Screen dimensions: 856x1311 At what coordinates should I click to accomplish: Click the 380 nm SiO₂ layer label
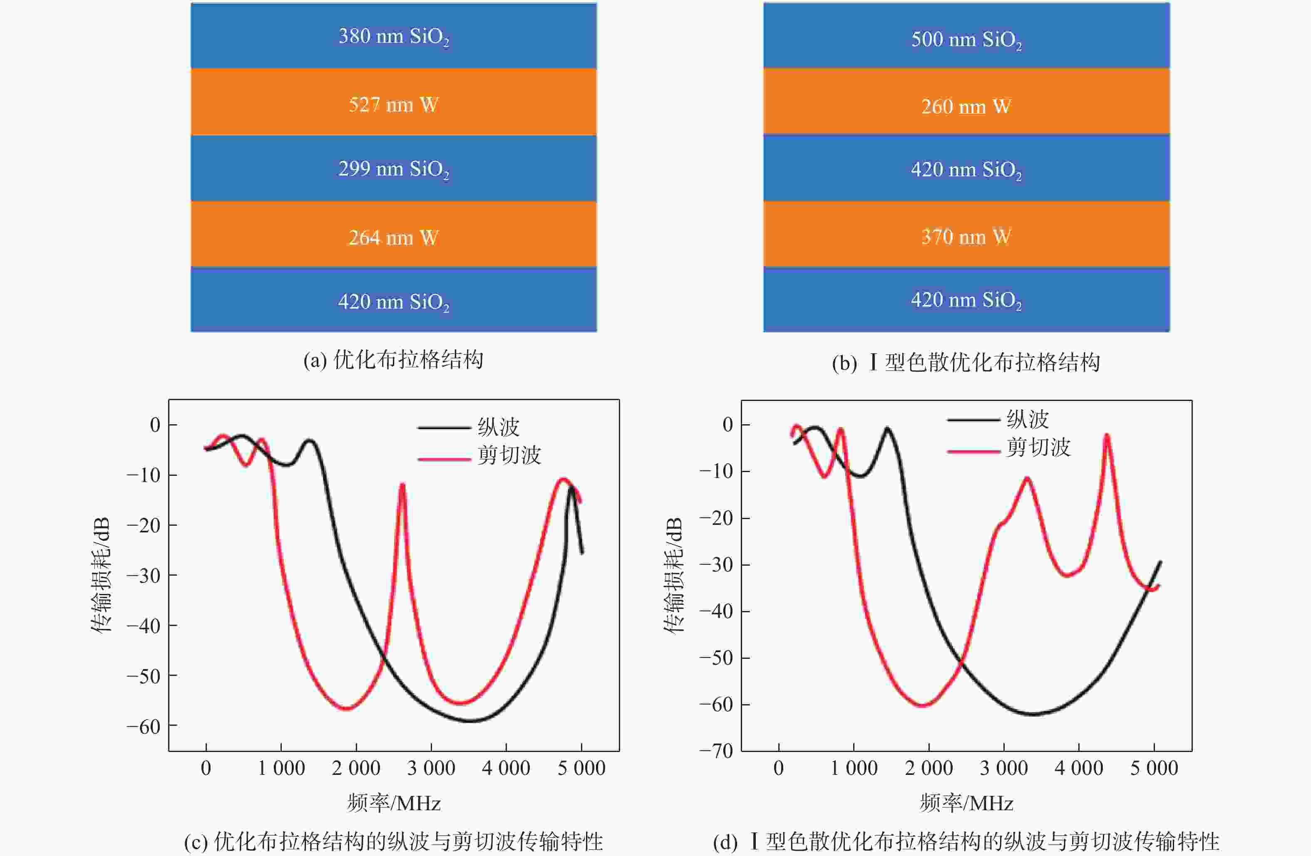(x=393, y=36)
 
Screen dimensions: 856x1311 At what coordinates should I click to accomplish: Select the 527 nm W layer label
(x=393, y=104)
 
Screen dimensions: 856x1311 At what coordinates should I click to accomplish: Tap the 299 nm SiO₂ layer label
(x=393, y=169)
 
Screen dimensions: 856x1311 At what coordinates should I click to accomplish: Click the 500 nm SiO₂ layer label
(x=966, y=40)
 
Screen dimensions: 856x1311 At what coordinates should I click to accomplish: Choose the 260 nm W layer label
(x=966, y=106)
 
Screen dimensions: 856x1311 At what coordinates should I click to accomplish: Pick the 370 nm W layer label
(x=966, y=237)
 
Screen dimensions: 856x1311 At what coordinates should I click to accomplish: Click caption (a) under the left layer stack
(x=393, y=360)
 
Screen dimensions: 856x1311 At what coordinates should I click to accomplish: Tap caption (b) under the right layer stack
(x=966, y=362)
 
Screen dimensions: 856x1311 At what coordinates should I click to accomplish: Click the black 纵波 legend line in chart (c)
(x=444, y=427)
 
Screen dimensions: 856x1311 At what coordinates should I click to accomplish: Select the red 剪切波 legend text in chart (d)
(x=1038, y=447)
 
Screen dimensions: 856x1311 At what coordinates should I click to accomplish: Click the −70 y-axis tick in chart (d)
(x=717, y=750)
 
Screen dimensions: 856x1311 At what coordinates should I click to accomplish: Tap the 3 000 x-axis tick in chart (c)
(x=431, y=768)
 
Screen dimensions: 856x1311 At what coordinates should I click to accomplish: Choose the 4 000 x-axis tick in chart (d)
(x=1078, y=768)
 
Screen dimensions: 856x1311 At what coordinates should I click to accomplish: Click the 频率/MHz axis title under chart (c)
(x=393, y=803)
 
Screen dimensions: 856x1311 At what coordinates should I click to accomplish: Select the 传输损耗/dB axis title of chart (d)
(x=673, y=575)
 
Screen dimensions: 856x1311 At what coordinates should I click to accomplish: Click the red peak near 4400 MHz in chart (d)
(x=1107, y=436)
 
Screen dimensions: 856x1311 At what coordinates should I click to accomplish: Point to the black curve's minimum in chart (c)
(x=471, y=720)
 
